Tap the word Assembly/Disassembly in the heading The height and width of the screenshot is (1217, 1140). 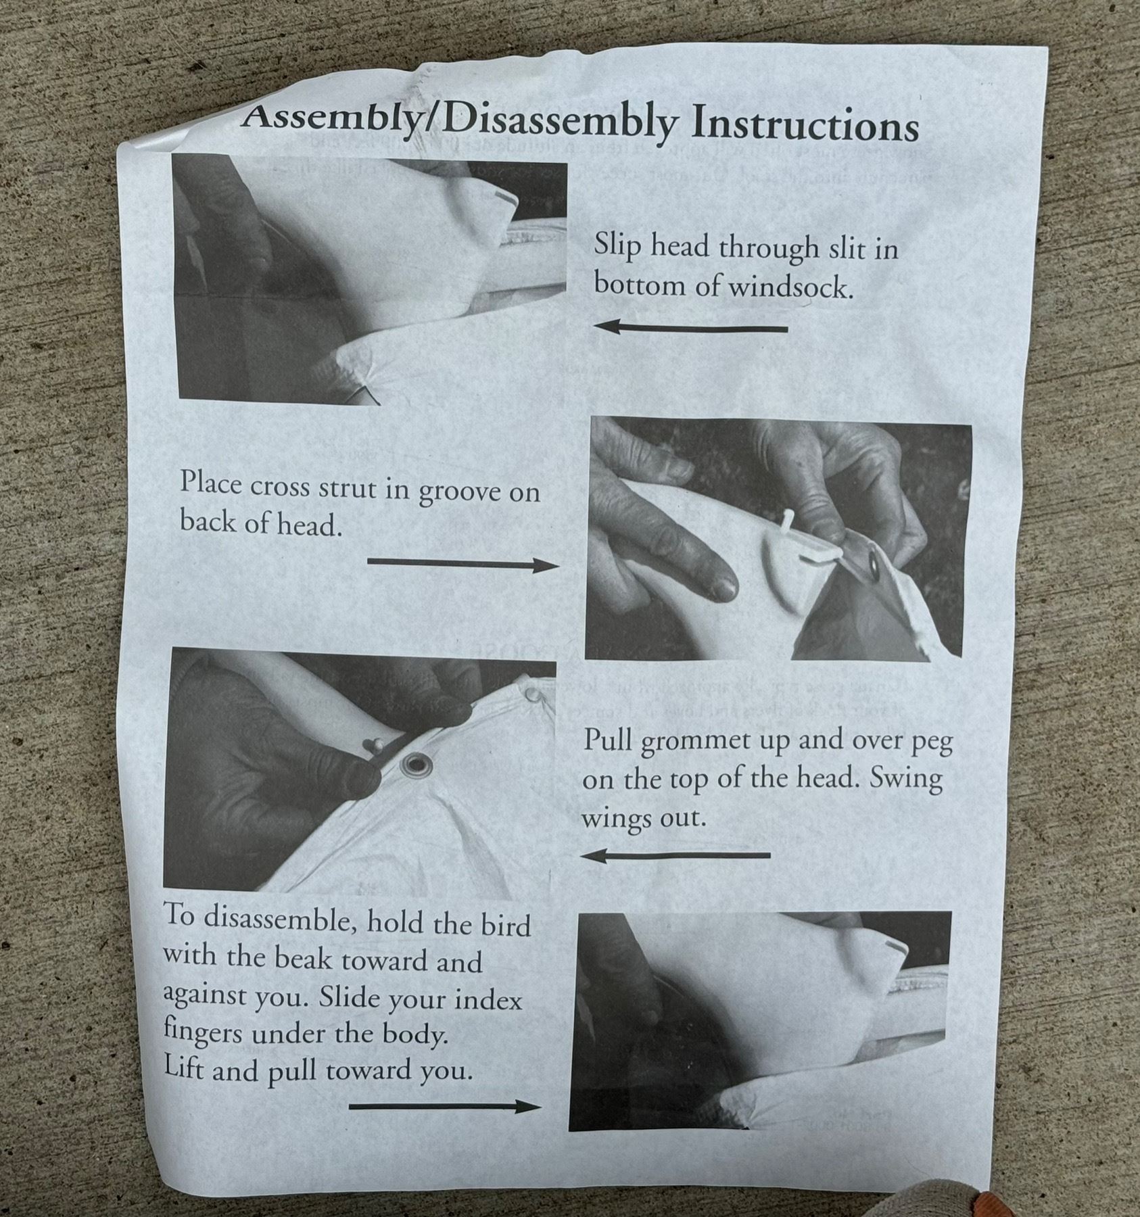[x=460, y=120]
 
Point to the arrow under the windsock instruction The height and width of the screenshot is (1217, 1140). [x=691, y=328]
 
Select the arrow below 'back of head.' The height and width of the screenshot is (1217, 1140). [x=462, y=564]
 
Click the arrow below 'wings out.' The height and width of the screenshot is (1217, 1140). [x=675, y=856]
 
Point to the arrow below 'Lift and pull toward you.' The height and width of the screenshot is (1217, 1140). [x=445, y=1106]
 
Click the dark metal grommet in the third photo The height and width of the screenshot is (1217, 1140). [x=415, y=765]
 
